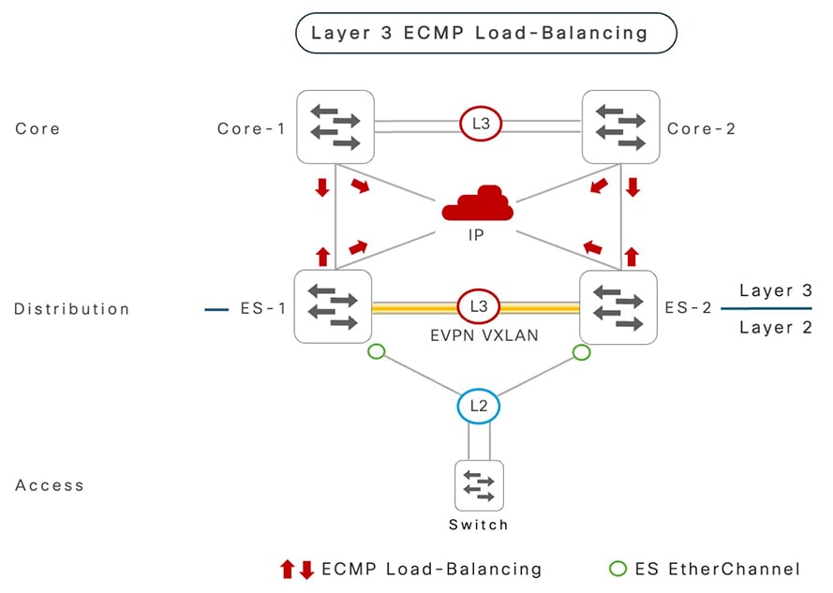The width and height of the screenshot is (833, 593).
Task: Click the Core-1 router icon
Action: pyautogui.click(x=335, y=127)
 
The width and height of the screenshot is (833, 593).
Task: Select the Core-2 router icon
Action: pyautogui.click(x=619, y=127)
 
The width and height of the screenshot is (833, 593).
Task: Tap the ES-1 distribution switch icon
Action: pyautogui.click(x=334, y=306)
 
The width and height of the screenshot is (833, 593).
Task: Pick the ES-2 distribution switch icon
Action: pyautogui.click(x=619, y=306)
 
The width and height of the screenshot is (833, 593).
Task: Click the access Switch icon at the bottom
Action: pyautogui.click(x=479, y=485)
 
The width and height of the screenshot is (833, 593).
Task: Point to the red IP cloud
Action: pyautogui.click(x=478, y=202)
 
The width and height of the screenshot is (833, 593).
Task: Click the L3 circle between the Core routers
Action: pyautogui.click(x=478, y=123)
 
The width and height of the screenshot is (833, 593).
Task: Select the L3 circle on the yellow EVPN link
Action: pyautogui.click(x=478, y=306)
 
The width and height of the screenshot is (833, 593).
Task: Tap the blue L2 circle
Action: pyautogui.click(x=478, y=407)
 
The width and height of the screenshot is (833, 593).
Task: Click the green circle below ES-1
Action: pyautogui.click(x=376, y=352)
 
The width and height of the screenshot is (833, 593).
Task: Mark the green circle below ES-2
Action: pyautogui.click(x=581, y=352)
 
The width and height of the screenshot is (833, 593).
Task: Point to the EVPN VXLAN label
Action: pyautogui.click(x=478, y=334)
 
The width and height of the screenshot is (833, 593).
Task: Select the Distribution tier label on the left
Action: pyautogui.click(x=72, y=309)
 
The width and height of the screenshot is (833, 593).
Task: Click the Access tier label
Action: pyautogui.click(x=50, y=485)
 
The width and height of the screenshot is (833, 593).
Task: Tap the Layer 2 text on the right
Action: pyautogui.click(x=775, y=327)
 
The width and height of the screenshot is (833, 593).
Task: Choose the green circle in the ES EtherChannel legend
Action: pyautogui.click(x=617, y=568)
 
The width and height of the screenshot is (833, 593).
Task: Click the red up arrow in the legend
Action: pyautogui.click(x=288, y=569)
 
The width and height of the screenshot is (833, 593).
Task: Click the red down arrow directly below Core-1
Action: pyautogui.click(x=322, y=187)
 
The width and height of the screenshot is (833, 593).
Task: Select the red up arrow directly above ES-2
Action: pyautogui.click(x=632, y=255)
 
